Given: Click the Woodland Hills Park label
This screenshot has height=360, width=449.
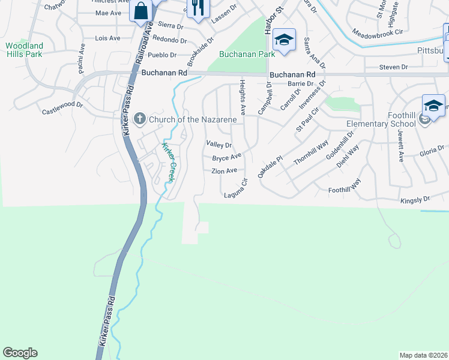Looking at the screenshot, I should [x=24, y=49].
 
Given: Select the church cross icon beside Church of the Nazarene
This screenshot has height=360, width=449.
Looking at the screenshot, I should [x=140, y=118].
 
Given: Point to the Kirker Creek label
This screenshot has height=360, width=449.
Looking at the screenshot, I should [x=169, y=163].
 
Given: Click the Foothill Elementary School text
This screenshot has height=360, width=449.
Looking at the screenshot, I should [x=381, y=120].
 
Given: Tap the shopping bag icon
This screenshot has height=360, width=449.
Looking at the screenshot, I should [x=140, y=11].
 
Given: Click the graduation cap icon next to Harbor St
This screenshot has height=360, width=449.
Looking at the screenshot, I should [x=284, y=40].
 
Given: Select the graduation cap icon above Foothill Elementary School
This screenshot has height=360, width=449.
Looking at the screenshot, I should [x=433, y=106].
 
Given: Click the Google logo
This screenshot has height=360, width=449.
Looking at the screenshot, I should [x=20, y=353].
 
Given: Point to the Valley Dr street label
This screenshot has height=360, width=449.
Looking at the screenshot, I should [x=218, y=145].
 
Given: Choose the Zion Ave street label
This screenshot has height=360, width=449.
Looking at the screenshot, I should [x=224, y=171].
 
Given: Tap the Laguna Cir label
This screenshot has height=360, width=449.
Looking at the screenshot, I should [x=235, y=188].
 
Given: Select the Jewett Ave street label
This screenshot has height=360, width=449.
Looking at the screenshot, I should [x=400, y=148].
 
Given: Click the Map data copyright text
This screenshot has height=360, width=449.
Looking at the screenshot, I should [x=423, y=355].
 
